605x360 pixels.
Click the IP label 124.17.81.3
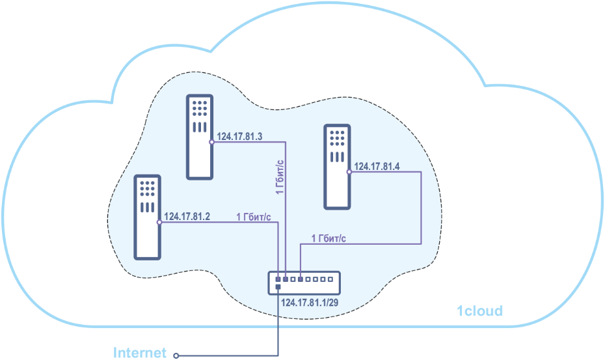click(x=239, y=137)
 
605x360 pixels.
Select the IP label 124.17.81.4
click(x=377, y=167)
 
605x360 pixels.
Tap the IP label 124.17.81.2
click(x=187, y=216)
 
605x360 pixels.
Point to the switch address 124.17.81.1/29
click(x=310, y=303)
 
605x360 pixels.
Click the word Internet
click(x=140, y=353)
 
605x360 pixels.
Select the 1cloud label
click(x=479, y=311)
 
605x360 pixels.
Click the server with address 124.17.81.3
click(x=200, y=137)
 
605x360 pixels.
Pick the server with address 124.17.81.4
click(x=337, y=167)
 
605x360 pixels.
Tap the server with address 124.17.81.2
click(x=147, y=217)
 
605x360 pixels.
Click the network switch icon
click(x=304, y=283)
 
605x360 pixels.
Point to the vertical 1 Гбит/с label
click(x=280, y=177)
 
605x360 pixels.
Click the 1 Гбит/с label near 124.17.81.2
click(x=254, y=217)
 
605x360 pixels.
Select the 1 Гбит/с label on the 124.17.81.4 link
click(x=329, y=239)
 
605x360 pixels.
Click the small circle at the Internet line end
click(x=176, y=355)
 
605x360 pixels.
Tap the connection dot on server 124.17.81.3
click(x=211, y=142)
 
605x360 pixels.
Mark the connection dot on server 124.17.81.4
click(x=349, y=172)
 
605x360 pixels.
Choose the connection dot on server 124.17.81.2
click(x=159, y=222)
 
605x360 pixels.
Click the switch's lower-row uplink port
click(x=278, y=287)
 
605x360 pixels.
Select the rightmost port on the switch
click(x=330, y=279)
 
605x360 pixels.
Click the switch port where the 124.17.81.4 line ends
click(x=301, y=279)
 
